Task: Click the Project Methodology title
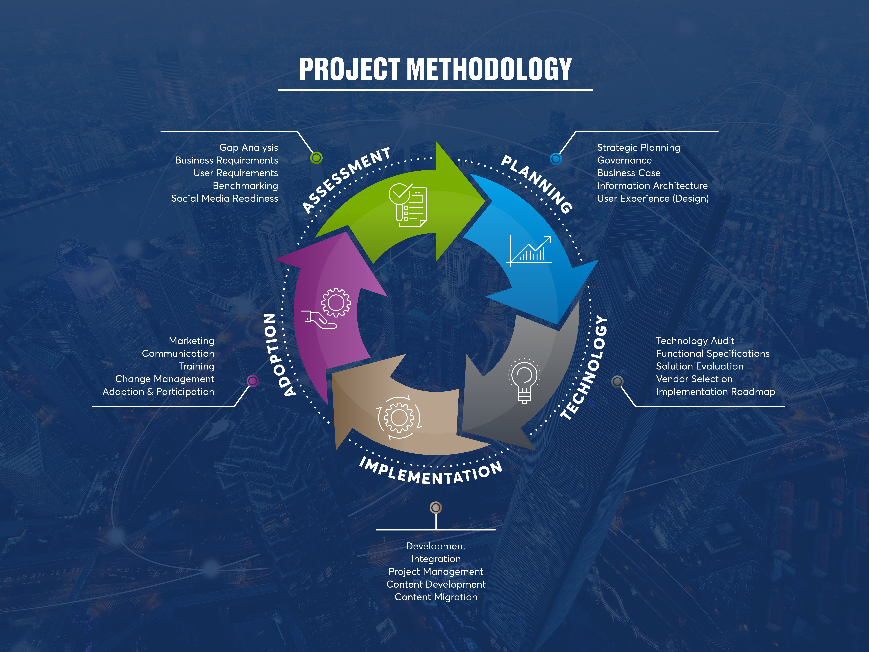click(435, 69)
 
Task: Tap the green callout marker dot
click(316, 158)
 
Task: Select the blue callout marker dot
click(556, 159)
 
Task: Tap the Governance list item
click(624, 160)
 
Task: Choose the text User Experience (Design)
click(653, 199)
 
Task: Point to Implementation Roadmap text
click(715, 392)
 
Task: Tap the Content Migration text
click(436, 597)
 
